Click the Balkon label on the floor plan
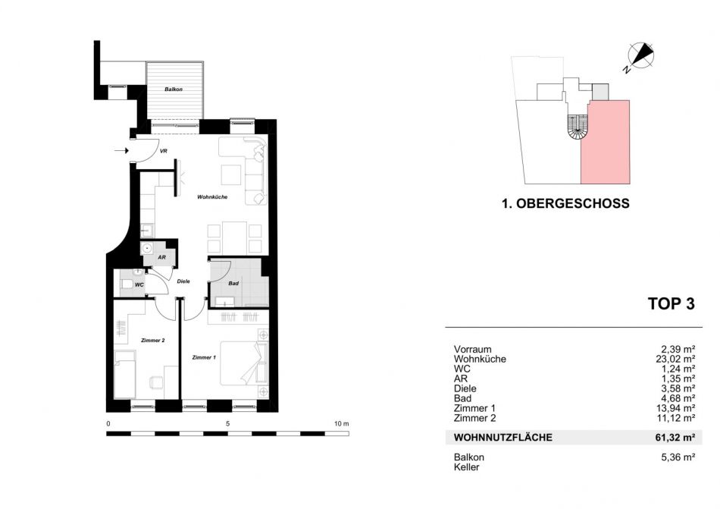174,89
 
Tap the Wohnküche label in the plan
212,197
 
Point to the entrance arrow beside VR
121,150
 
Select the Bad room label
233,284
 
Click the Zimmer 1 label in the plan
204,357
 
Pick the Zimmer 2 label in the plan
153,341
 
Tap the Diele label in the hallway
183,281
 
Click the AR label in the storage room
161,258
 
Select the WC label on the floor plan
139,284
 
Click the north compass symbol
640,55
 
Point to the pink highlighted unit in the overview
606,143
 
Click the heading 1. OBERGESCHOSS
565,203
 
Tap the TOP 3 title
671,303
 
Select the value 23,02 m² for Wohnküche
675,359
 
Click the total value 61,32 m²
675,438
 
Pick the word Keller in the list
467,467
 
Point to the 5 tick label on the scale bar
228,424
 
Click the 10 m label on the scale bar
342,424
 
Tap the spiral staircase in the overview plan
578,127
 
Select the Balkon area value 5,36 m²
678,457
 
